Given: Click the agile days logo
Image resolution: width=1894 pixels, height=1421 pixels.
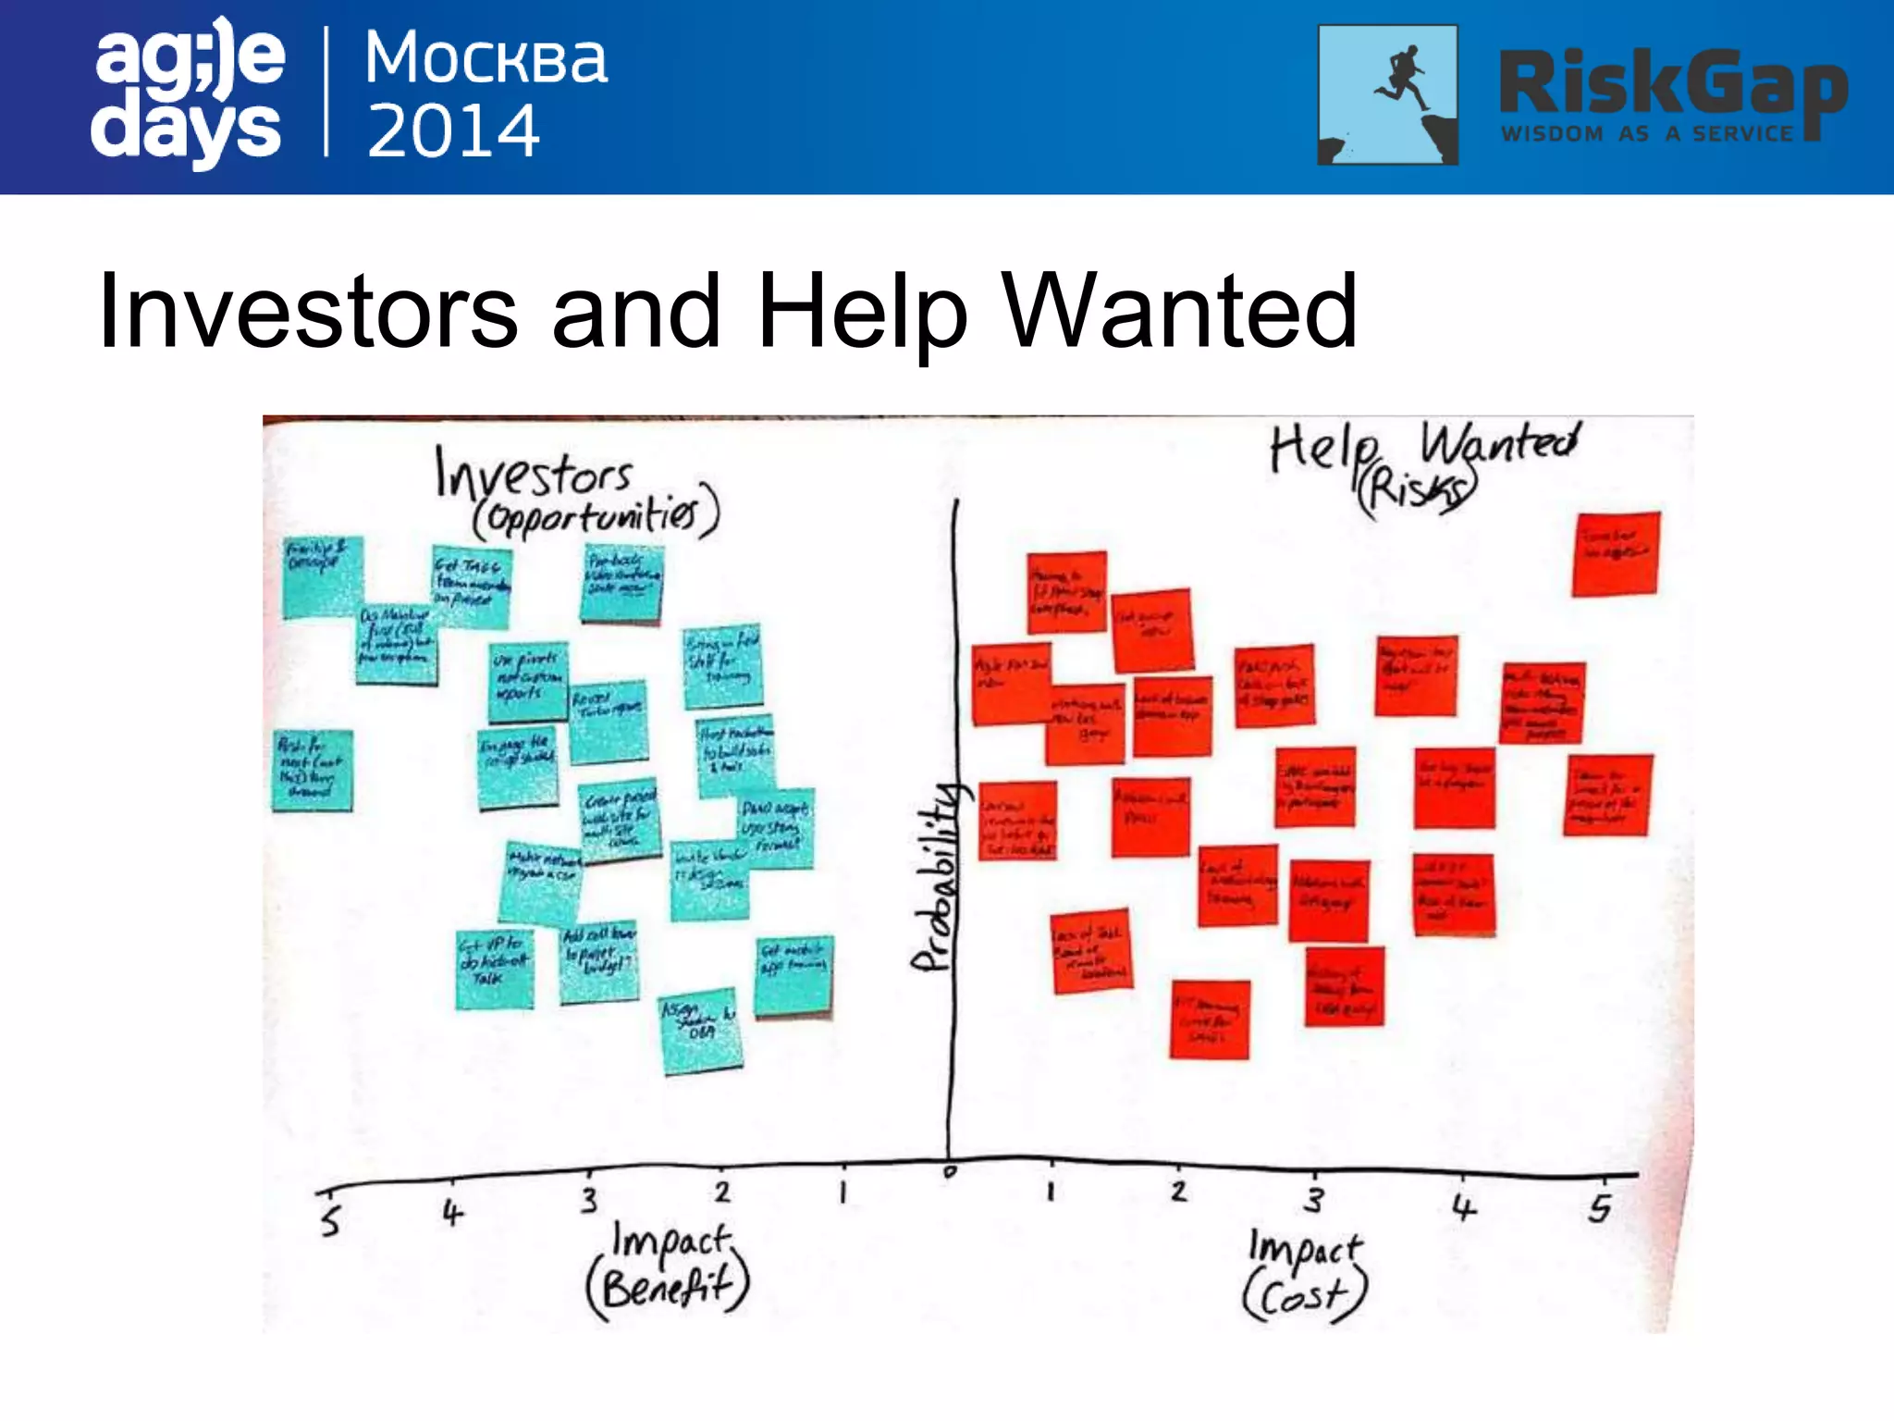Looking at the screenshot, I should [x=188, y=93].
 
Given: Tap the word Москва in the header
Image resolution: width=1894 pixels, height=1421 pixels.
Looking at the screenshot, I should [x=486, y=58].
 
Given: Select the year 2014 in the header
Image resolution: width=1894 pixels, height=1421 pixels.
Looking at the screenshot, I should [x=453, y=131].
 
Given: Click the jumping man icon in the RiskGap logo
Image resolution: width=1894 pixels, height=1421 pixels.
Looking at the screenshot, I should [x=1387, y=94].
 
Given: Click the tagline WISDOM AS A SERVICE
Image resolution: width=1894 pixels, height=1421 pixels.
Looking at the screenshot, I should [x=1646, y=134].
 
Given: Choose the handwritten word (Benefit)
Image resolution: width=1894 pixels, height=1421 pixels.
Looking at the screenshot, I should [x=668, y=1286].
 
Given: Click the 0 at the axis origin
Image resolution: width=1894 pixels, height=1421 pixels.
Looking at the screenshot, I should [x=950, y=1172].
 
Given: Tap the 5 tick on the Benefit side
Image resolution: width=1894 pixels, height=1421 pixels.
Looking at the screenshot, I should [x=330, y=1221].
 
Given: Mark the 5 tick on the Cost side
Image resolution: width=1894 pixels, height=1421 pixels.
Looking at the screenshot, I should [x=1600, y=1208].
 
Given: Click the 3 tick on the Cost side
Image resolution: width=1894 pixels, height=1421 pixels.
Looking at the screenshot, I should [x=1314, y=1200].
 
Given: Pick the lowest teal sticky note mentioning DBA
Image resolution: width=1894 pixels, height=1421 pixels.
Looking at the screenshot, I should [x=702, y=1030].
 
